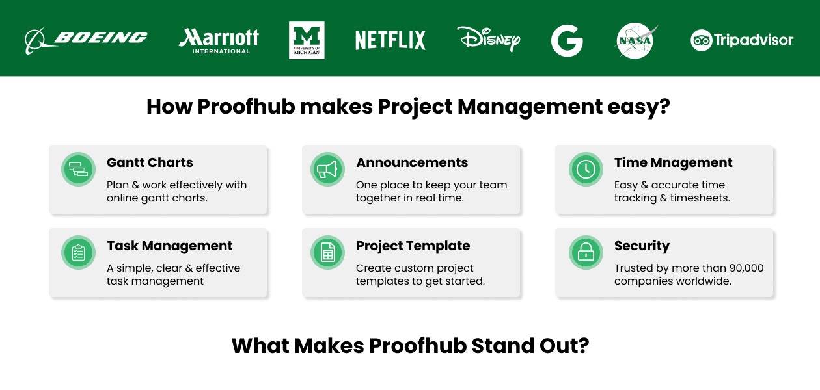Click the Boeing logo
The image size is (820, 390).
pos(86,39)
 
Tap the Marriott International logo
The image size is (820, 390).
pos(219,40)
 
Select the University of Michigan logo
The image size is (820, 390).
pos(307,40)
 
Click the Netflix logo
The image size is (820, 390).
pos(390,40)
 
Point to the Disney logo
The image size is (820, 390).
pos(488,39)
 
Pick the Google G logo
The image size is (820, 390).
pos(566,41)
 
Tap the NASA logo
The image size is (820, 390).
pos(635,41)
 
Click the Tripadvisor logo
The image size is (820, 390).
pos(742,40)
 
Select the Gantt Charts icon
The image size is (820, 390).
pos(78,170)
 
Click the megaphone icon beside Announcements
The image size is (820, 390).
pos(327,170)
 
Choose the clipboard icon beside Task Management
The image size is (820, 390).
pos(78,252)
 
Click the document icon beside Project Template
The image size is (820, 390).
pos(327,252)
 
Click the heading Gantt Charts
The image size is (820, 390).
pos(150,162)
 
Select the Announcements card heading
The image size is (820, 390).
pos(412,162)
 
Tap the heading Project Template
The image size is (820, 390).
pos(413,246)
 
